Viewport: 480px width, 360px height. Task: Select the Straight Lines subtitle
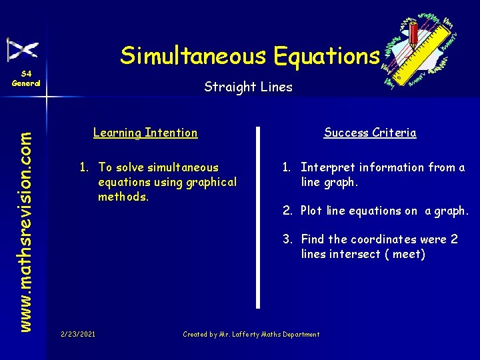248,87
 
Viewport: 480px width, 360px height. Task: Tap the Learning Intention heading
145,133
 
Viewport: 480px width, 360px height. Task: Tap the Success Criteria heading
370,133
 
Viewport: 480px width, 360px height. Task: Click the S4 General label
25,78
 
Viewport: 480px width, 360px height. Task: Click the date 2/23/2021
77,334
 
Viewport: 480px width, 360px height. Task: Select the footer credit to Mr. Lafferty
251,334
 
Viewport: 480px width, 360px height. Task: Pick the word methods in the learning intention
122,197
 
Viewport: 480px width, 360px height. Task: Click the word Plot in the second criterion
311,211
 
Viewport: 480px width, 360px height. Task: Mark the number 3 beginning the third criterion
286,239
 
